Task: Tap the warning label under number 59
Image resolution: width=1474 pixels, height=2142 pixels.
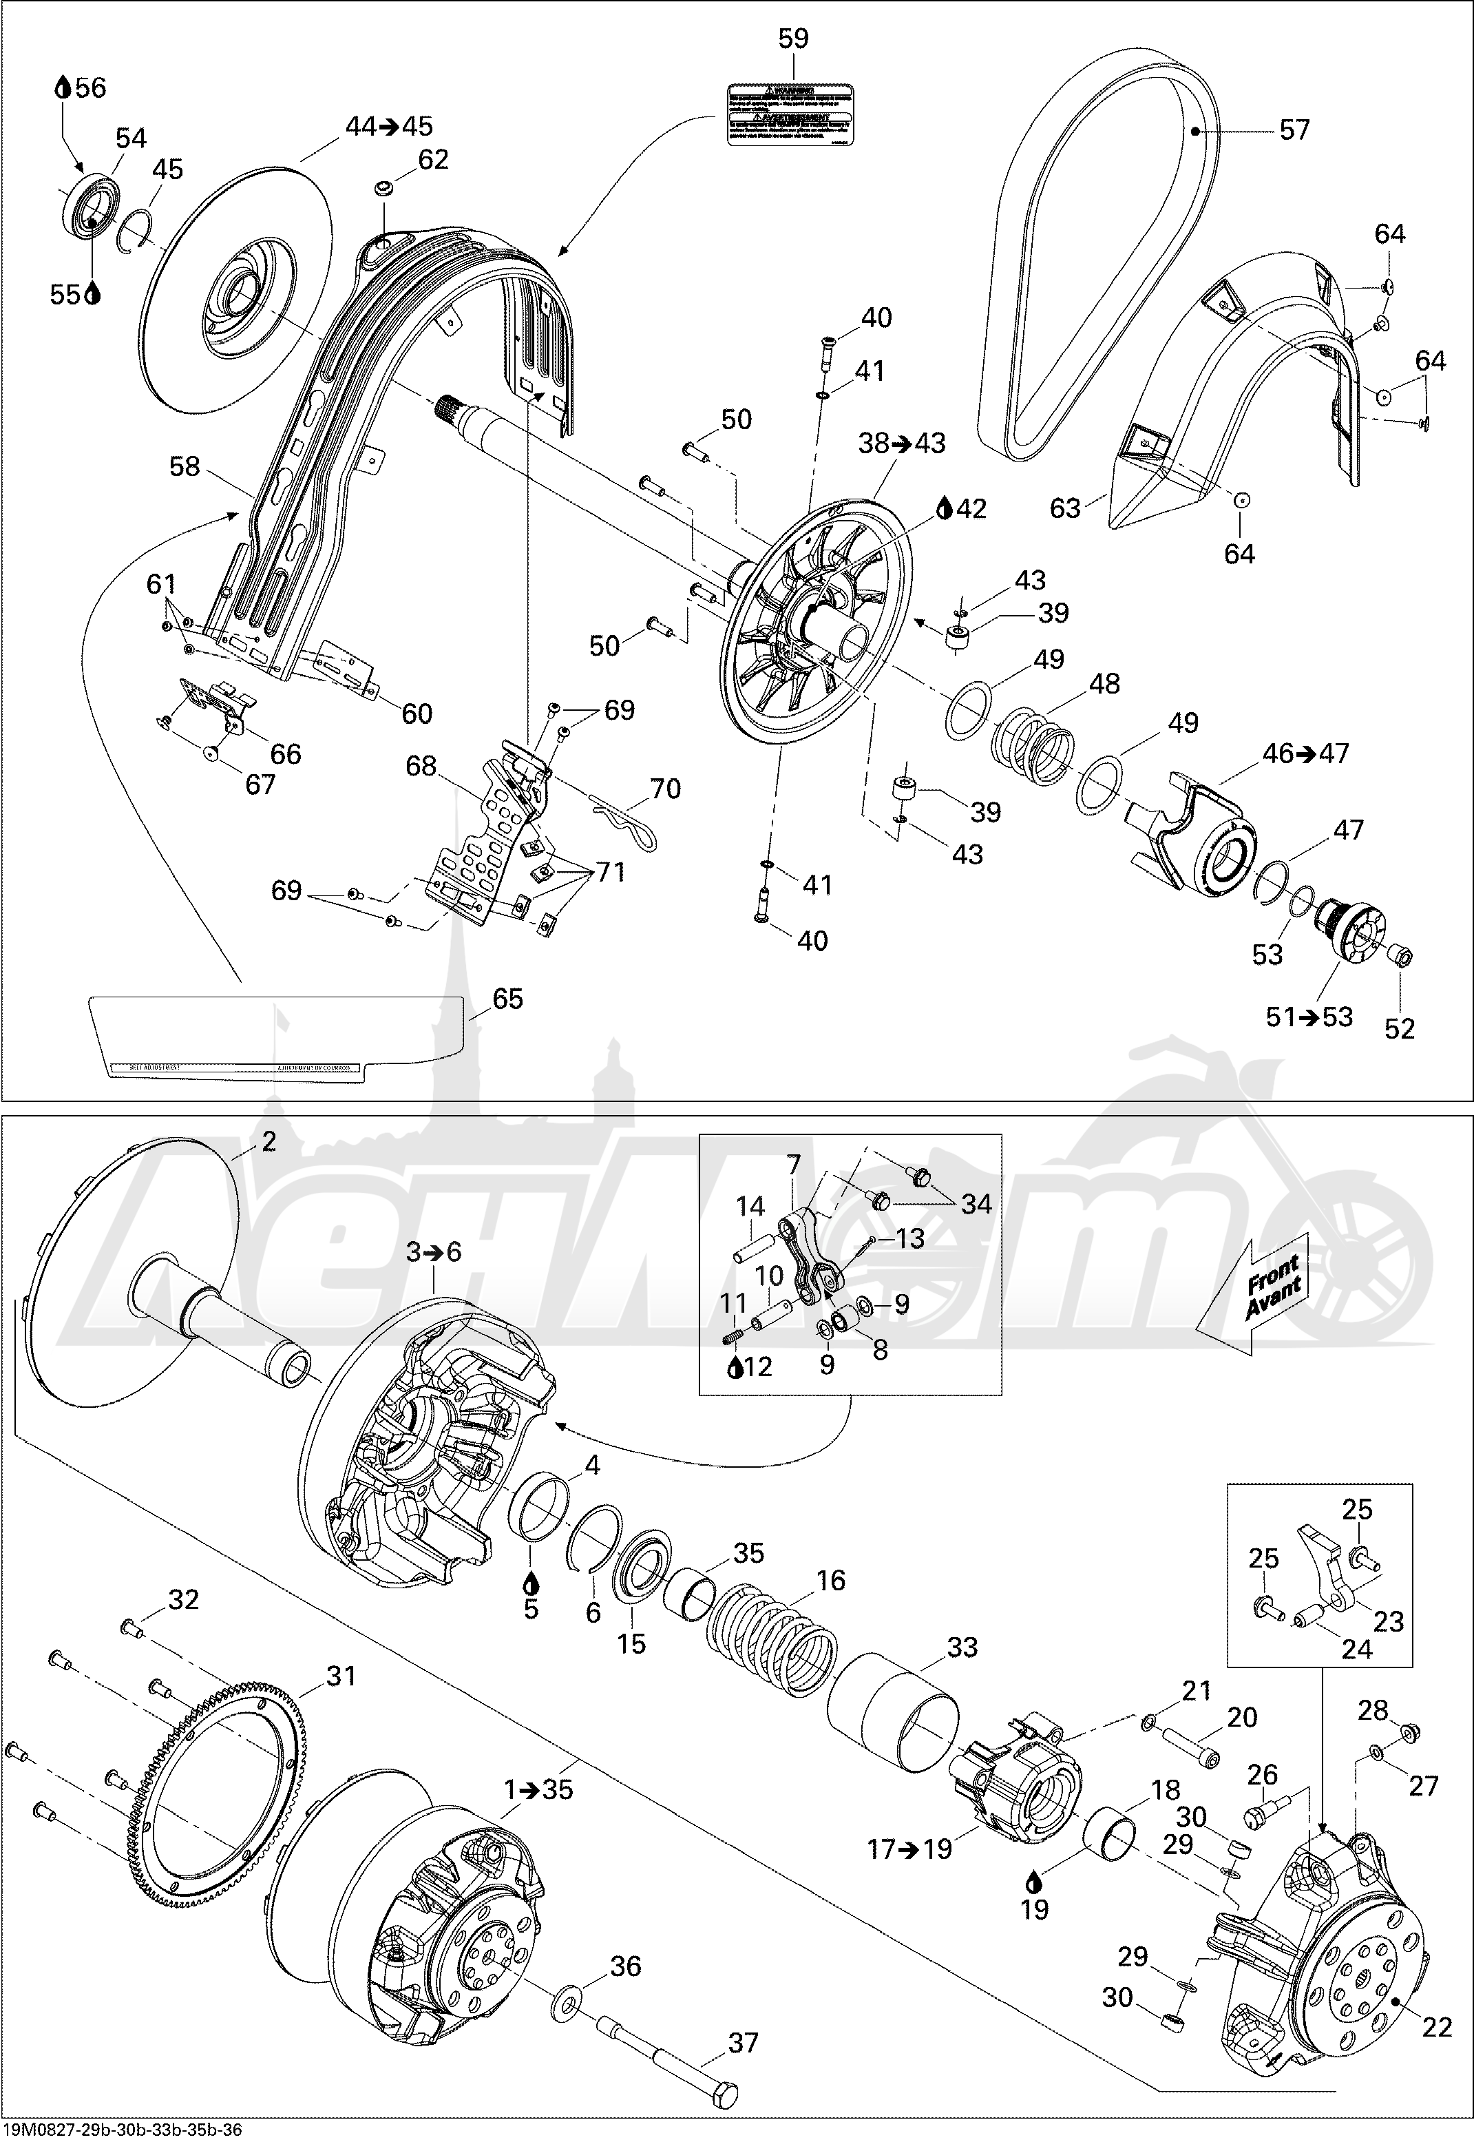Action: click(790, 114)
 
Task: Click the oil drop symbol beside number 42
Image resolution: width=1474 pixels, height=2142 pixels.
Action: click(944, 508)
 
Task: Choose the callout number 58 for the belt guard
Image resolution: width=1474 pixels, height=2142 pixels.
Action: click(185, 466)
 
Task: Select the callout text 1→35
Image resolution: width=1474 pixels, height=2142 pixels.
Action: click(538, 1789)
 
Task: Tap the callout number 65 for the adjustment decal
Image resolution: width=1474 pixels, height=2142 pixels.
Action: click(507, 999)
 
